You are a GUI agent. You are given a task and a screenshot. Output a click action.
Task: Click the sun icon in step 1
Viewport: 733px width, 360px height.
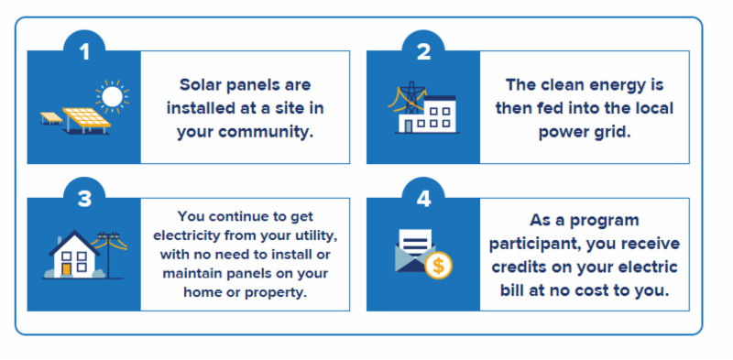click(112, 96)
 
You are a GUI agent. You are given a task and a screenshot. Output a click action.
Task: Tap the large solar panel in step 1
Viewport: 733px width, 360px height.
click(86, 120)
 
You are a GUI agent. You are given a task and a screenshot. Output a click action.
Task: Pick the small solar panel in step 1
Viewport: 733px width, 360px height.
click(51, 118)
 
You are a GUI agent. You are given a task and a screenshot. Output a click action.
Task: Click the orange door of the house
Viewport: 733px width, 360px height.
click(67, 269)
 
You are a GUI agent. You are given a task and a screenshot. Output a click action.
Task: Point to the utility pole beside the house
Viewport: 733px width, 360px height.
click(108, 255)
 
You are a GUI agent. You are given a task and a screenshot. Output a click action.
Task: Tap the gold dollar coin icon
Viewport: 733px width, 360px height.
click(439, 266)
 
